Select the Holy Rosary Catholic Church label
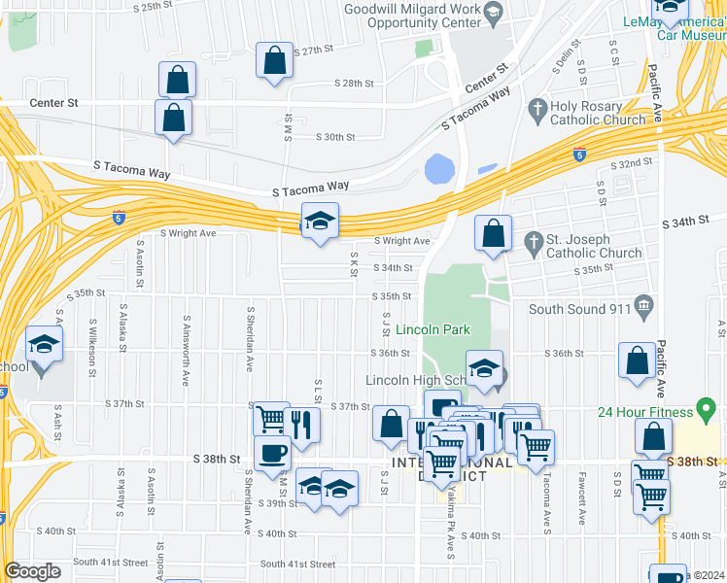(598, 113)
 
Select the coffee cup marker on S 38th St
(272, 453)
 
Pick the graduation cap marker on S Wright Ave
(320, 222)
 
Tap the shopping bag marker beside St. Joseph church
(494, 233)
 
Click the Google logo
(32, 571)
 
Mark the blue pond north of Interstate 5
(439, 169)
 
